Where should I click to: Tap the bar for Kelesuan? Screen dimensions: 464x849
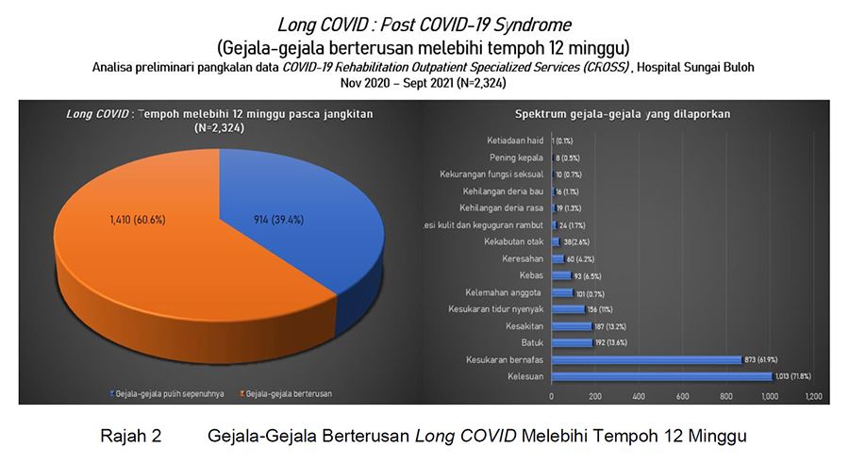(660, 376)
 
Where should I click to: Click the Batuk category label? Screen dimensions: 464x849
(532, 342)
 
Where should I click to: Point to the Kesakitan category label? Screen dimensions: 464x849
(524, 326)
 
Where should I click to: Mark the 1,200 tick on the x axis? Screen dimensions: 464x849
(813, 396)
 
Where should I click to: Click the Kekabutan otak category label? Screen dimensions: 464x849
(514, 241)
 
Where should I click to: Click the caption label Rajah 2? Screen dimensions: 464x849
(131, 437)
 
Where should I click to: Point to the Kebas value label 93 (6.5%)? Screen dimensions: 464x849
(590, 275)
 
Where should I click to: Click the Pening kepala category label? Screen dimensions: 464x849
(516, 157)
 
